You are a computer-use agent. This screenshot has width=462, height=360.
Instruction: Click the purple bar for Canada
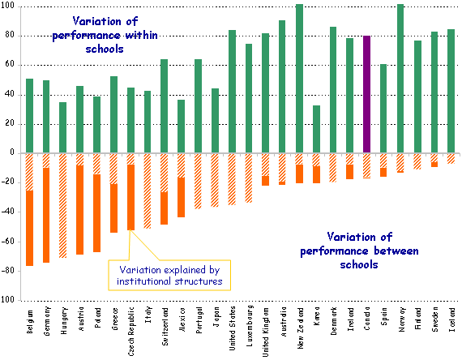coord(366,94)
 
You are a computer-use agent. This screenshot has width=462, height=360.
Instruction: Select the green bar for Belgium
coord(29,115)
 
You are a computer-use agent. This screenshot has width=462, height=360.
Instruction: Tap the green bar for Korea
coord(316,129)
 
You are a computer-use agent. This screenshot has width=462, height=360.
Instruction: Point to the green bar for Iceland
coord(451,91)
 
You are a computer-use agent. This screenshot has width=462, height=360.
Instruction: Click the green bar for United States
coord(232,91)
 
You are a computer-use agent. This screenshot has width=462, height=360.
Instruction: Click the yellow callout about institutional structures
coord(169,275)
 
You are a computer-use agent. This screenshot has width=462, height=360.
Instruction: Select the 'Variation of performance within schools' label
coord(105,35)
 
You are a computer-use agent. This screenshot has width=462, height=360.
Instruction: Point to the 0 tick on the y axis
coord(12,152)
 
